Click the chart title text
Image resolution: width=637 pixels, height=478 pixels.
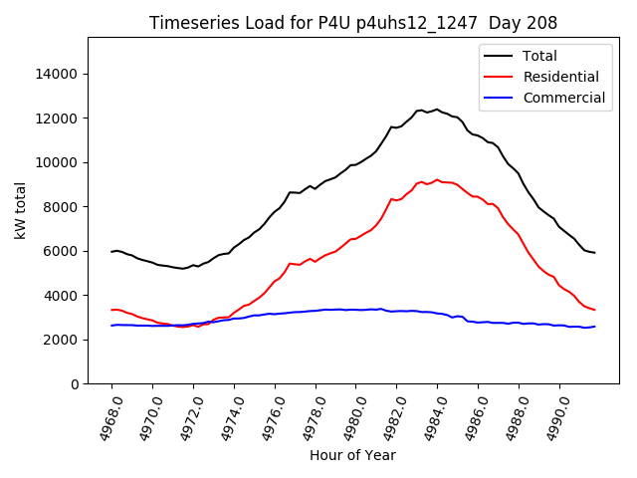coord(353,22)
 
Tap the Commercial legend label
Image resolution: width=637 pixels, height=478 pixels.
coord(563,98)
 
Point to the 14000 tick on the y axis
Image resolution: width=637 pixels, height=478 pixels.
coord(58,74)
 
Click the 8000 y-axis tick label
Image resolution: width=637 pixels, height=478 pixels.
coord(62,207)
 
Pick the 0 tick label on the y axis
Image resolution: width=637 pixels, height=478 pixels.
coord(75,384)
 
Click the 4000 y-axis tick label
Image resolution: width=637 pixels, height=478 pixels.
coord(62,296)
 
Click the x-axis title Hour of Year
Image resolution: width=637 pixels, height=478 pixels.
coord(352,455)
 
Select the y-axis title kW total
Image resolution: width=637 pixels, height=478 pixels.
coord(20,211)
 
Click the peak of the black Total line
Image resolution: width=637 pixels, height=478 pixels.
coord(436,110)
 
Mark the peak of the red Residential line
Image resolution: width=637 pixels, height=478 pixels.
coord(436,180)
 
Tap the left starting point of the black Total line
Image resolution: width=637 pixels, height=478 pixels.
coord(111,252)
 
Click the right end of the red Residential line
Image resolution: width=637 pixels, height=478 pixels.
coord(594,310)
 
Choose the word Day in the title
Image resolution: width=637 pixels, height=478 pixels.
coord(513,22)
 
